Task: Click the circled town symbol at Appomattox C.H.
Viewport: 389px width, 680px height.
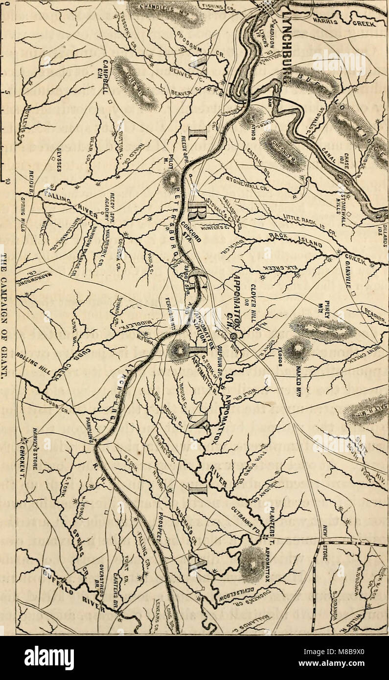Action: (234, 336)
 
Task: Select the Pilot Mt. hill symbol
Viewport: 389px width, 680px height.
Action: (171, 180)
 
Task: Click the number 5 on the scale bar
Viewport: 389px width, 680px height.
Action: (4, 91)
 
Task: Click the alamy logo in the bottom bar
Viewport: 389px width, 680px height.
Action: (49, 657)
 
